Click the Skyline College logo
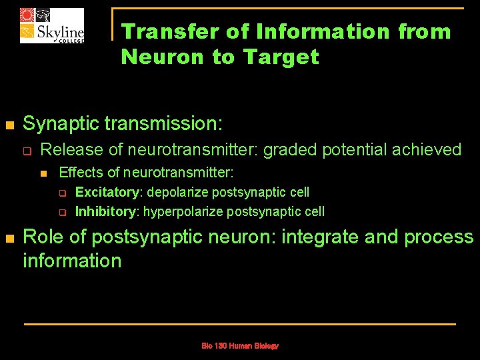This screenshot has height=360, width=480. click(x=52, y=25)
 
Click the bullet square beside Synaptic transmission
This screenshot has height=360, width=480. click(x=9, y=125)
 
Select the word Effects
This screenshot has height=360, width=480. click(x=79, y=173)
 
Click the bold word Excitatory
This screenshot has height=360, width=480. click(x=107, y=193)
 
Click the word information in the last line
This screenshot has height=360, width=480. click(x=72, y=261)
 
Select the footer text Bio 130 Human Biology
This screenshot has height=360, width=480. click(x=240, y=346)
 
